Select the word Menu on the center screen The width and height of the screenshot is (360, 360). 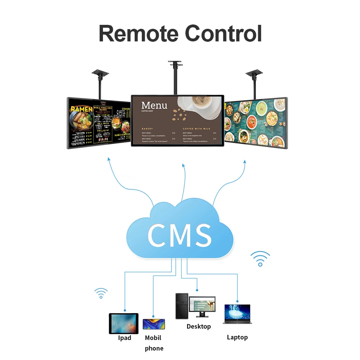[154, 105]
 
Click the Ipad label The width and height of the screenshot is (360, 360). [125, 338]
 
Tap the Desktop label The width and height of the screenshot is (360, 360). [198, 327]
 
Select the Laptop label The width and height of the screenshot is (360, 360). [237, 337]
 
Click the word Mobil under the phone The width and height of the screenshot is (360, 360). [153, 338]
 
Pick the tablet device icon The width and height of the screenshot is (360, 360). [123, 323]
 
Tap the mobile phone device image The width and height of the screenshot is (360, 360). [154, 324]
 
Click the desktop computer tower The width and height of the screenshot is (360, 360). [182, 306]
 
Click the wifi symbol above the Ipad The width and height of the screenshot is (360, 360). [101, 293]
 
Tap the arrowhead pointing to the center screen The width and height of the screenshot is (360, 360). [184, 166]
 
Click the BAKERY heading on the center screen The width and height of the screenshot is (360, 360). [147, 129]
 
